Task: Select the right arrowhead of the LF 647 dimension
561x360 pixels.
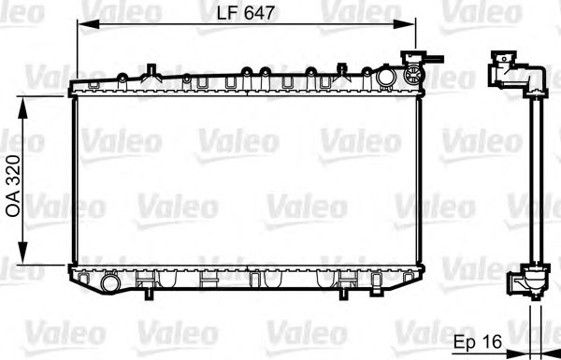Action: [407, 24]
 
